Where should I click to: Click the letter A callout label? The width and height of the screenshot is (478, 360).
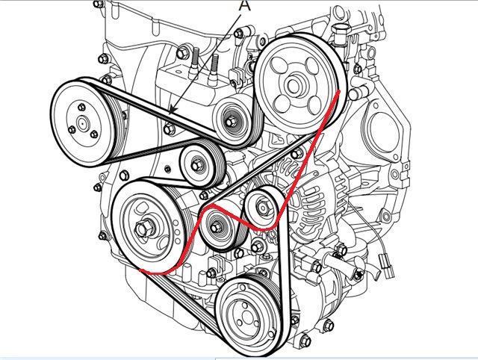[243, 6]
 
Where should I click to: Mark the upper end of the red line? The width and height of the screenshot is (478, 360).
[341, 90]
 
